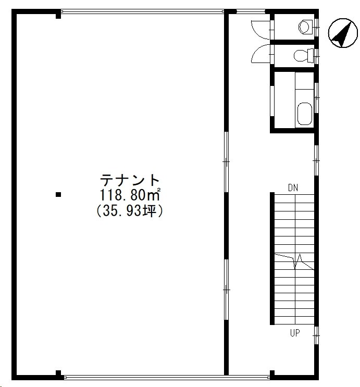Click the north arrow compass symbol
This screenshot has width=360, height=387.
[343, 33]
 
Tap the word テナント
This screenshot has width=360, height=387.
[130, 180]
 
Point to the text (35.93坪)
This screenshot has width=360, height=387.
[130, 211]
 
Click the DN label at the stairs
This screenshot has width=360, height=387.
[293, 188]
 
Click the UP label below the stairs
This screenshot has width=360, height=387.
[295, 333]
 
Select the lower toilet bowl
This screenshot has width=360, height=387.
[303, 56]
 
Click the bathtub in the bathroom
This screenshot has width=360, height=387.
[305, 114]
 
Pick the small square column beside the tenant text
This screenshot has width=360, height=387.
[58, 195]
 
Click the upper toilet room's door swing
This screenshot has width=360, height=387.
[260, 30]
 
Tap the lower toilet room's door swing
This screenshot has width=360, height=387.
[260, 54]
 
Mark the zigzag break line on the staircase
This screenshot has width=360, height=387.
[294, 261]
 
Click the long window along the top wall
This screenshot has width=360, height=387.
[142, 11]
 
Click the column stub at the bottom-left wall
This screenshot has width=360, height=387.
[58, 373]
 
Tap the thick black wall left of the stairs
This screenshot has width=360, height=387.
[272, 258]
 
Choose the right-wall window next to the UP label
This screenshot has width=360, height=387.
[316, 335]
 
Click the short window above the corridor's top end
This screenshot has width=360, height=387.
[251, 11]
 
